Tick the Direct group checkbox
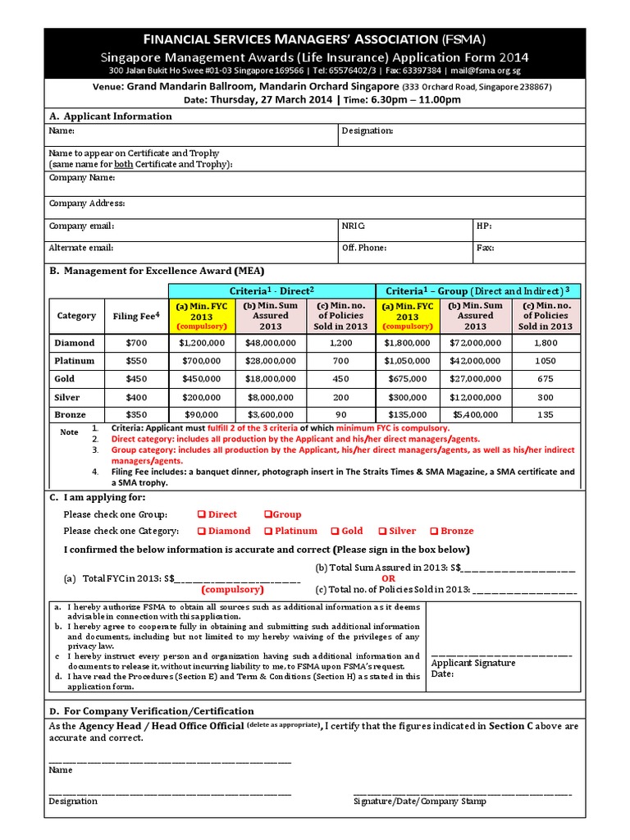(202, 514)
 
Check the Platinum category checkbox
(267, 531)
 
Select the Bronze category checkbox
(435, 531)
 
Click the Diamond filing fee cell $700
(137, 343)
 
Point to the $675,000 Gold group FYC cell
(407, 379)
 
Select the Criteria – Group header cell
(477, 291)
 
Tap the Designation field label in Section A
(367, 130)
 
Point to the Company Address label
(87, 203)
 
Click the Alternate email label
(81, 247)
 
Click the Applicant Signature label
(473, 663)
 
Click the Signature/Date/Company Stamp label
(419, 801)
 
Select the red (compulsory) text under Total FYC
(233, 589)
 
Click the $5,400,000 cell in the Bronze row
(475, 415)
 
